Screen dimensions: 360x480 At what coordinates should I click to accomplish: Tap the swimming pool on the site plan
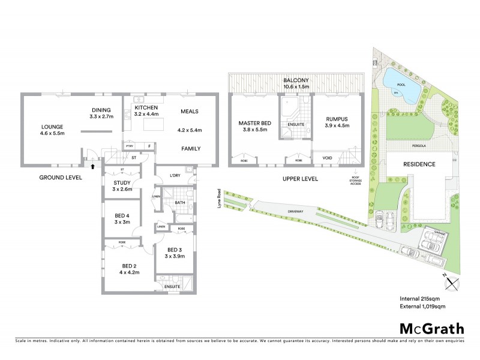398,79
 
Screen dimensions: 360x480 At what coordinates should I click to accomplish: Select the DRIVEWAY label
296,211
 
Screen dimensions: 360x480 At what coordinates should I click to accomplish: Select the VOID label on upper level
328,158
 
